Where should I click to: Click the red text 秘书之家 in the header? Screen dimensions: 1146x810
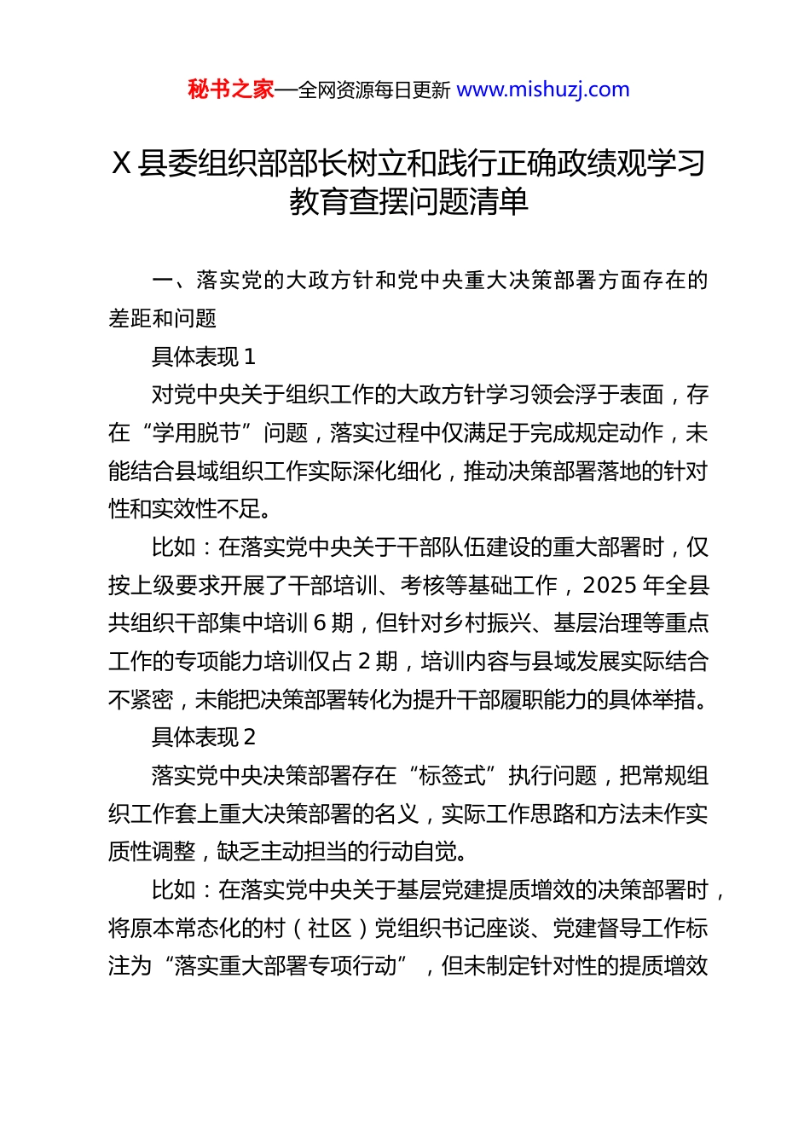tap(231, 90)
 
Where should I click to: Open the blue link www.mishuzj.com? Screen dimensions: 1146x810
tap(543, 90)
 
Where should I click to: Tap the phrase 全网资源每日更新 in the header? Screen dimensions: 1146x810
tap(373, 90)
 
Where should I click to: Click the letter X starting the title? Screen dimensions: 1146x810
tap(121, 163)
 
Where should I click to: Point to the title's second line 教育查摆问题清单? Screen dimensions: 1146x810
tap(408, 201)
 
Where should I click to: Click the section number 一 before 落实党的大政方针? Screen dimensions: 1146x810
tap(162, 281)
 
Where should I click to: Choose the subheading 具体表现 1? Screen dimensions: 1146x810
tap(203, 356)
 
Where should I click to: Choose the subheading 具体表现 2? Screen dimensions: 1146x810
tap(203, 738)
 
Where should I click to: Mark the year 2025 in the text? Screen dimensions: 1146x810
tap(610, 586)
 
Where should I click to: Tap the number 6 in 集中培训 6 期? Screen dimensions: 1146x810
tap(320, 623)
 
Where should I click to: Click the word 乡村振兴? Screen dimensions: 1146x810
tap(486, 623)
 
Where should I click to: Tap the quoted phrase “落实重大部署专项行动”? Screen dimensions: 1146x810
tap(285, 966)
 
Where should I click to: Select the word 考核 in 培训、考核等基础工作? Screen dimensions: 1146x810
tap(422, 586)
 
